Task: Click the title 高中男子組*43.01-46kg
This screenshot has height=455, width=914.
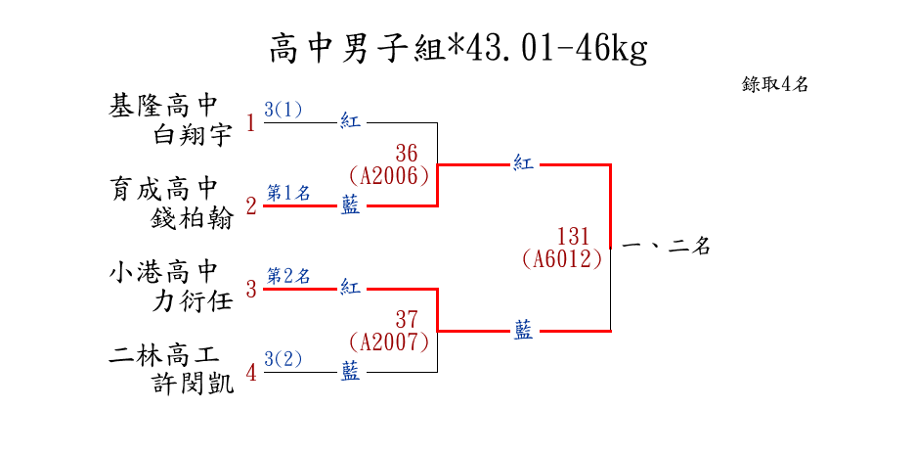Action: [x=457, y=48]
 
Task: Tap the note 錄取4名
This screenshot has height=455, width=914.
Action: [x=775, y=84]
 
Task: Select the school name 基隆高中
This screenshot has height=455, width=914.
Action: [x=163, y=106]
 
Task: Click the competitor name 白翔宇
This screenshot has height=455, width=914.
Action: [x=194, y=135]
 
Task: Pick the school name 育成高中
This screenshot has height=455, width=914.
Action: [x=163, y=188]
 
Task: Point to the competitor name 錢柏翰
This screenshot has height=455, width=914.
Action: [x=194, y=217]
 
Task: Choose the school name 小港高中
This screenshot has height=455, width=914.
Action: [x=163, y=271]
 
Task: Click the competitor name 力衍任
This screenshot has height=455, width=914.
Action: [x=194, y=300]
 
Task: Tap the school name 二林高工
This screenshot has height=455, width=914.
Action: [x=163, y=354]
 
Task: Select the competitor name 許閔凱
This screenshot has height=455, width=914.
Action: [x=194, y=384]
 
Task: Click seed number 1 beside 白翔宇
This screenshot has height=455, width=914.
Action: [x=250, y=123]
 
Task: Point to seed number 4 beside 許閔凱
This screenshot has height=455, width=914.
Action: [x=250, y=373]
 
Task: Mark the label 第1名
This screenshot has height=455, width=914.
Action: [x=288, y=193]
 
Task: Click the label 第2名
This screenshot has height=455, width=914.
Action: [x=288, y=276]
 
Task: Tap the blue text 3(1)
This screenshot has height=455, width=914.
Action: [x=283, y=110]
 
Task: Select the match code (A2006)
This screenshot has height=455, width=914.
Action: [x=389, y=175]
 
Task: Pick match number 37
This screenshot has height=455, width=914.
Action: [x=407, y=319]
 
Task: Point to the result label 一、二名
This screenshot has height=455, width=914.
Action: [x=665, y=248]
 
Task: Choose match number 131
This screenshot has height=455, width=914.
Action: [x=574, y=237]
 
